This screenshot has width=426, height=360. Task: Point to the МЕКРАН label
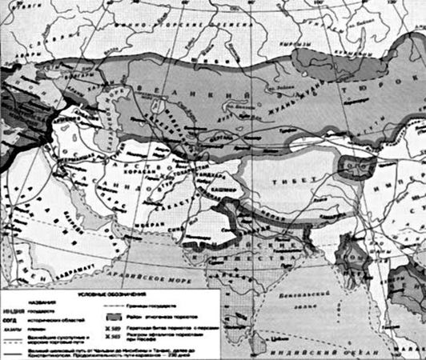click(x=157, y=226)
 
